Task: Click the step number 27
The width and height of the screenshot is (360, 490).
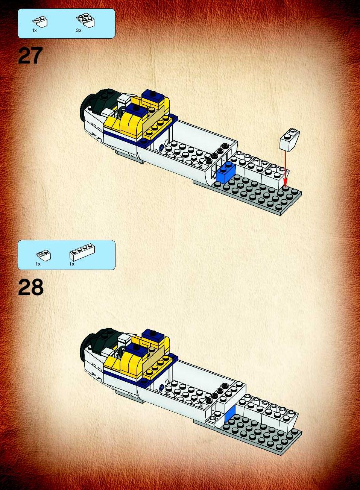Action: [x=30, y=56]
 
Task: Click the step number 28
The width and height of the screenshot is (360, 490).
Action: [x=30, y=287]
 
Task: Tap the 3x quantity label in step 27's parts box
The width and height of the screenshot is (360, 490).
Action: [x=79, y=30]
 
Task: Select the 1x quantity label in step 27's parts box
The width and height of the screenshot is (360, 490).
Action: [x=34, y=30]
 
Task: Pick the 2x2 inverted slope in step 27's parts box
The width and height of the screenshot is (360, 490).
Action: [x=85, y=20]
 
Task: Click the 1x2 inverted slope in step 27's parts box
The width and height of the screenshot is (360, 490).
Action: [x=40, y=22]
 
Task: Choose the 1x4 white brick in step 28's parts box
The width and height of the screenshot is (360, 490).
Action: [x=82, y=252]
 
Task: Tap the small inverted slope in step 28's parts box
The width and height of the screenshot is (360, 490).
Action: [x=43, y=255]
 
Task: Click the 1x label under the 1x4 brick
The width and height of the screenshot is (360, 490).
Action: [x=72, y=264]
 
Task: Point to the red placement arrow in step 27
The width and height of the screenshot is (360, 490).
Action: [x=285, y=168]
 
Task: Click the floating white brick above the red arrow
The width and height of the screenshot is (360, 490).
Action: [x=290, y=140]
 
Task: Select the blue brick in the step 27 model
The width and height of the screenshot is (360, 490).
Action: [x=225, y=172]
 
